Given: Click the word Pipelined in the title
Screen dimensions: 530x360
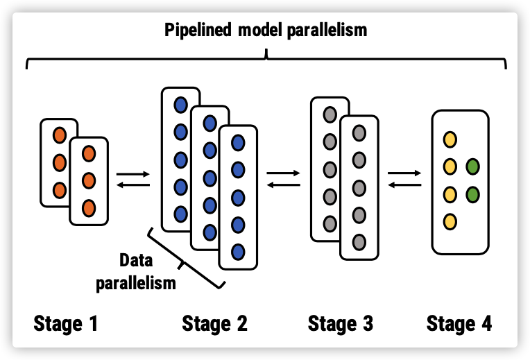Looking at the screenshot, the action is pyautogui.click(x=198, y=31).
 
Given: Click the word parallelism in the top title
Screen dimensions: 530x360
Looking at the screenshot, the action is pyautogui.click(x=327, y=31).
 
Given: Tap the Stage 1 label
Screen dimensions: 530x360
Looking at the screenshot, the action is pyautogui.click(x=66, y=323).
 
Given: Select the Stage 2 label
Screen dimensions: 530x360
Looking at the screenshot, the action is pyautogui.click(x=214, y=323).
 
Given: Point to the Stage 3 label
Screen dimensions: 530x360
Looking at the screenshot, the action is pyautogui.click(x=341, y=323).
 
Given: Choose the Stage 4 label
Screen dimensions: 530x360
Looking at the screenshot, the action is pyautogui.click(x=459, y=323).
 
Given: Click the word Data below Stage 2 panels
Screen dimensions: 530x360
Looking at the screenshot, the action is pyautogui.click(x=136, y=260).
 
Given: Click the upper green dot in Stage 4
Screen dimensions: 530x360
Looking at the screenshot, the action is pyautogui.click(x=472, y=166).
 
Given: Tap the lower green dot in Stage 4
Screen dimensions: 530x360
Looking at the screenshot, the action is pyautogui.click(x=472, y=195).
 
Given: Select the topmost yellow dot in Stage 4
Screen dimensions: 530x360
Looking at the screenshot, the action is pyautogui.click(x=450, y=139).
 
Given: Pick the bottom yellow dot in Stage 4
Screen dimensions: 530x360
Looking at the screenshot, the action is pyautogui.click(x=450, y=222).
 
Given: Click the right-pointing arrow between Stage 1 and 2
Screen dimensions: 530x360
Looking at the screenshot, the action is pyautogui.click(x=132, y=174).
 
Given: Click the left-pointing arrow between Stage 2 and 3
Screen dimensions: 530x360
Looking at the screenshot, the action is pyautogui.click(x=283, y=185).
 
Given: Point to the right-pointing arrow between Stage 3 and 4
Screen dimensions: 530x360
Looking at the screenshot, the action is pyautogui.click(x=404, y=173).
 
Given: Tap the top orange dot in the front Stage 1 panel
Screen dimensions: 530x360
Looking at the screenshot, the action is pyautogui.click(x=89, y=154).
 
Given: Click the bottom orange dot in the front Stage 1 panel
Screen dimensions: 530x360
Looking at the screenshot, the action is pyautogui.click(x=89, y=208).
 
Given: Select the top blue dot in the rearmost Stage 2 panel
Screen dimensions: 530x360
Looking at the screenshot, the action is pyautogui.click(x=180, y=105).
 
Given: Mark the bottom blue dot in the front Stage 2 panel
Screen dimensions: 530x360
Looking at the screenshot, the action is pyautogui.click(x=238, y=252).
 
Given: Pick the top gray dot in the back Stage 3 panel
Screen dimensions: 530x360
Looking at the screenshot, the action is pyautogui.click(x=330, y=114).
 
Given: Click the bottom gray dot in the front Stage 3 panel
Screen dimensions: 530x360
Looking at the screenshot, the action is pyautogui.click(x=359, y=242).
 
